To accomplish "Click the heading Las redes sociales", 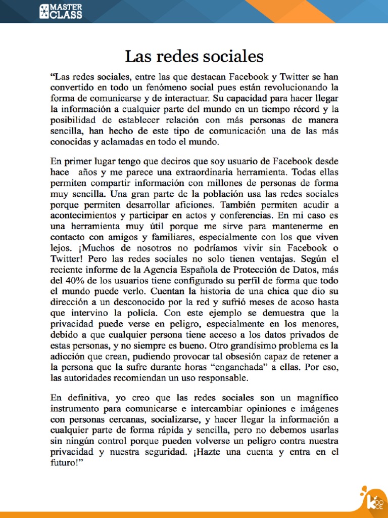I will pyautogui.click(x=194, y=56).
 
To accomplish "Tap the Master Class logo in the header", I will pyautogui.click(x=61, y=11).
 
